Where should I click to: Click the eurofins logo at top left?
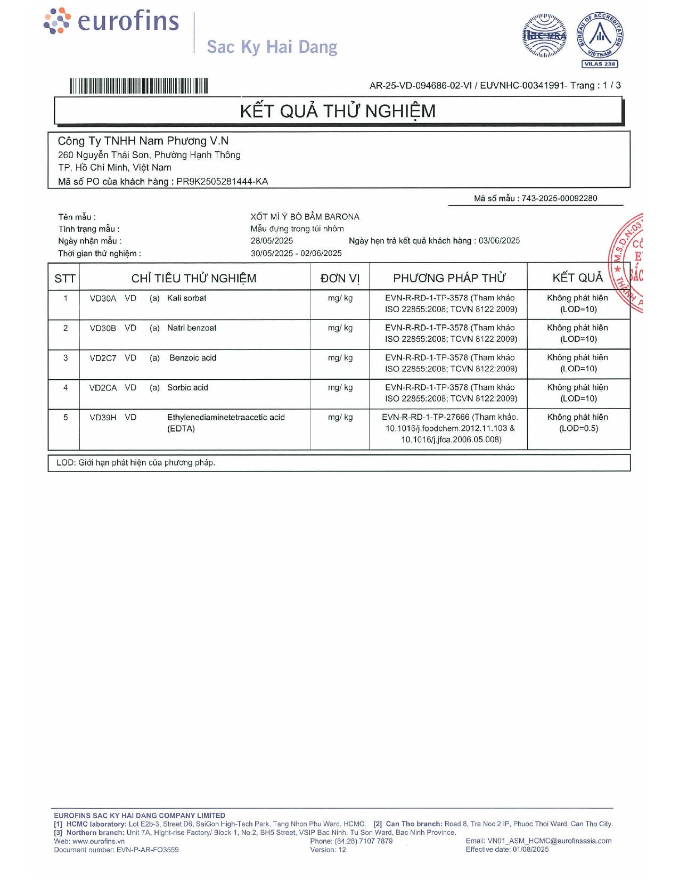[111, 22]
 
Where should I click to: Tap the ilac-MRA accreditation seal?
[544, 36]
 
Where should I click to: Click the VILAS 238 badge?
[600, 64]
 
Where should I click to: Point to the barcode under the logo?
[138, 86]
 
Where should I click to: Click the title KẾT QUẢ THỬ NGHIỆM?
[338, 111]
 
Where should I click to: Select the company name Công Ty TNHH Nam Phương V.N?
[143, 141]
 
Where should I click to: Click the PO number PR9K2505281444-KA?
[222, 182]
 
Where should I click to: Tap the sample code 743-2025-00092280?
[559, 198]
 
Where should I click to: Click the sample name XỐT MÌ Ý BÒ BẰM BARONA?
[305, 217]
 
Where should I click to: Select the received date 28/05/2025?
[272, 241]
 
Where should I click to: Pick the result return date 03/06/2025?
[499, 241]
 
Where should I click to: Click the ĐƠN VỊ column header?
[340, 278]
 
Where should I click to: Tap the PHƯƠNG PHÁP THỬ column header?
[449, 278]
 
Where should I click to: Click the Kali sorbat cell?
[186, 298]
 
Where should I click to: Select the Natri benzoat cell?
[192, 328]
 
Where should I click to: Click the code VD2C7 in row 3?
[103, 358]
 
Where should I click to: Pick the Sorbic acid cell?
[187, 388]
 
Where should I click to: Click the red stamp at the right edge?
[628, 262]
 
